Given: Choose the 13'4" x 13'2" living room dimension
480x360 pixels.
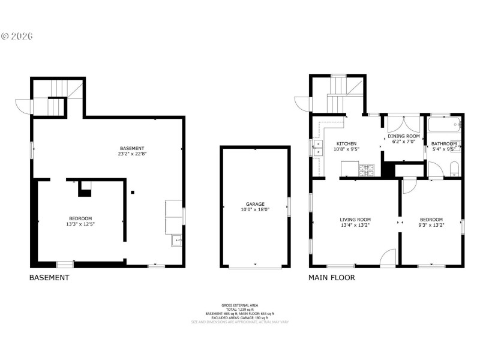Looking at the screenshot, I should coord(355,226).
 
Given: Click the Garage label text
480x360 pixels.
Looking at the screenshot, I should coord(255,204).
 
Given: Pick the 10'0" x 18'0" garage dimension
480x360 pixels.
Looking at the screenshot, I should coord(255,210).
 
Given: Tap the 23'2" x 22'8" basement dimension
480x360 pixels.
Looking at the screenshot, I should coord(132,154).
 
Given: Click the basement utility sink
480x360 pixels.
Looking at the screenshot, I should coord(176,241).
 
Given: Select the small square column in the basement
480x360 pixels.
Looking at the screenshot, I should coord(133,193).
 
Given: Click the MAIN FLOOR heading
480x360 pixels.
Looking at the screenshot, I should coord(332,278).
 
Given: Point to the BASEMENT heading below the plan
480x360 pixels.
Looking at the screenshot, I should coord(49,278).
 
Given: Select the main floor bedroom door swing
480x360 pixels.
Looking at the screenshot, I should coord(408,186).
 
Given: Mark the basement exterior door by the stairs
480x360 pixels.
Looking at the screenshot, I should coord(23,106).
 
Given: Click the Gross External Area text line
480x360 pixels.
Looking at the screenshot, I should coord(239,305).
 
